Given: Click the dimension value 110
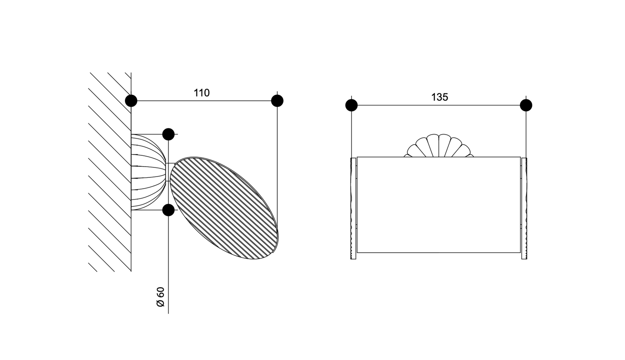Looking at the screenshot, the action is click(x=202, y=93).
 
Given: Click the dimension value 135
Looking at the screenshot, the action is click(x=439, y=97).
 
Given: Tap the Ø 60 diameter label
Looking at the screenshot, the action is click(x=161, y=297).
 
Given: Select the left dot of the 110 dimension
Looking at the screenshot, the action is click(x=131, y=101).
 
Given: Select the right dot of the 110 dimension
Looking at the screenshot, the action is click(x=277, y=101).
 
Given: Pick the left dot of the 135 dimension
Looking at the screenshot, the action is click(x=351, y=106).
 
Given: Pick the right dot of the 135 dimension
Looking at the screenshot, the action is click(x=526, y=106).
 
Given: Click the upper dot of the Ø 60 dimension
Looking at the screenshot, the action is click(x=168, y=134).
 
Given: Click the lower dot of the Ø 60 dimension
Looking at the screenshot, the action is click(x=168, y=210).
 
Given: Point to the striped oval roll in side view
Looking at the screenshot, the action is click(x=224, y=208).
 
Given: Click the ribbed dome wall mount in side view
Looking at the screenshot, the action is click(x=149, y=172).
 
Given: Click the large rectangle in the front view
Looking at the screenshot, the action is click(x=439, y=205).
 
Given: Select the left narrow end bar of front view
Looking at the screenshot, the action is click(x=353, y=209).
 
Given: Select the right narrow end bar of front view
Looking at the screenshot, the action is click(x=524, y=209).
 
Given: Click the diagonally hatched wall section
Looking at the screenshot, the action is click(x=110, y=172).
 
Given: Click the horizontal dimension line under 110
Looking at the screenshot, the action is click(x=204, y=101).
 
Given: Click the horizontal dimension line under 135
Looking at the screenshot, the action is click(x=439, y=106).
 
